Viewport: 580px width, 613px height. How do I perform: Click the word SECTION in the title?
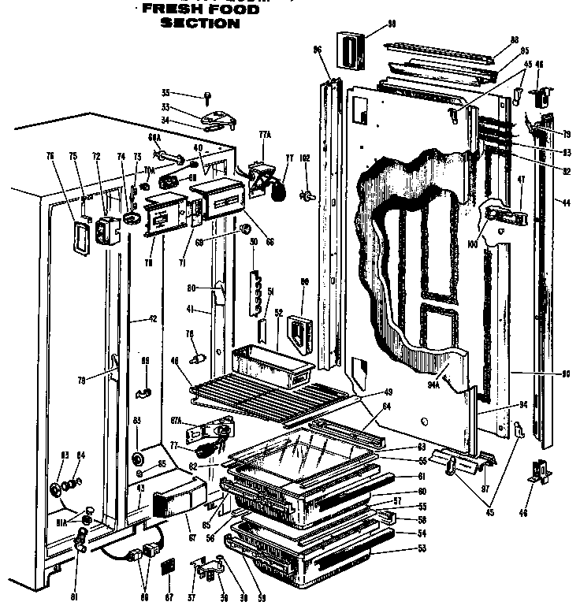[x=199, y=23]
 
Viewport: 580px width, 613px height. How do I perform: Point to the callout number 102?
[x=306, y=158]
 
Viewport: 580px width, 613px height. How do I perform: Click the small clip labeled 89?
[x=144, y=392]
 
